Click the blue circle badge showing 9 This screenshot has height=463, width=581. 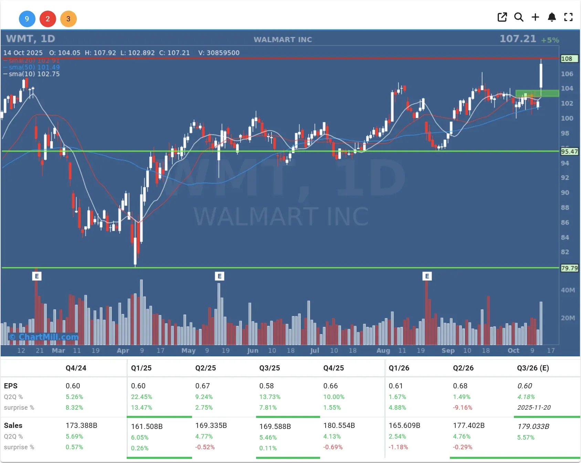27,19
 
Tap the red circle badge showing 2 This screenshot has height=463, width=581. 48,19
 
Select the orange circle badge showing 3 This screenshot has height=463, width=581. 68,19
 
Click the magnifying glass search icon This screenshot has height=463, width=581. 519,17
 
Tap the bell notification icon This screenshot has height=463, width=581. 552,17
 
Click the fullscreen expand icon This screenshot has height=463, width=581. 568,17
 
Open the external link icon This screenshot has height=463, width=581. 502,17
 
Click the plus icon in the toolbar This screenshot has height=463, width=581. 535,17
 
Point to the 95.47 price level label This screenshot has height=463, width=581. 569,151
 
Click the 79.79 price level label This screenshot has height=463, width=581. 569,268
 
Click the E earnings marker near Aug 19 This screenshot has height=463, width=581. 427,276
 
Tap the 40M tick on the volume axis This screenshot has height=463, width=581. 568,290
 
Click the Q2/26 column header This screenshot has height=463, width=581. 463,368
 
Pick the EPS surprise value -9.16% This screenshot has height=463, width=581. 462,408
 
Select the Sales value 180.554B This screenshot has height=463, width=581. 339,426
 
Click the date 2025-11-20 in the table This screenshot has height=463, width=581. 534,408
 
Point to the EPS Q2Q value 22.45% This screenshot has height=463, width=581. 141,397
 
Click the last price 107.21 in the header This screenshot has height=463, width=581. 518,39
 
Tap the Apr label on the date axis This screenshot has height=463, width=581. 123,351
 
